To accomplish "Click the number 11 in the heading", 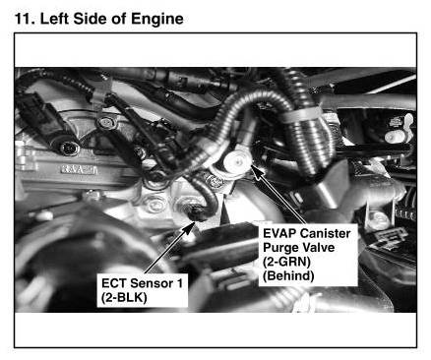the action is coord(24,19).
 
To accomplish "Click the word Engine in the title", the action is coord(157,19).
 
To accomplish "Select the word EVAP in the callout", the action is coord(279,233).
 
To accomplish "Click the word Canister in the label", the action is coord(325,233).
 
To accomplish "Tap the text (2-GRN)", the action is coord(286,262).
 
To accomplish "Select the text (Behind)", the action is coord(288,275).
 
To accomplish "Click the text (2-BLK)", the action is coord(124,298).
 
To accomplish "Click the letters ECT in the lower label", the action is coord(114,283).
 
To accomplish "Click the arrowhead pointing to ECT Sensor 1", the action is coord(190,227).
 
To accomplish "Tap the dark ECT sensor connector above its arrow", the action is coord(198,212).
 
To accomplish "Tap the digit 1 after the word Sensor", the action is coord(179,283).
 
